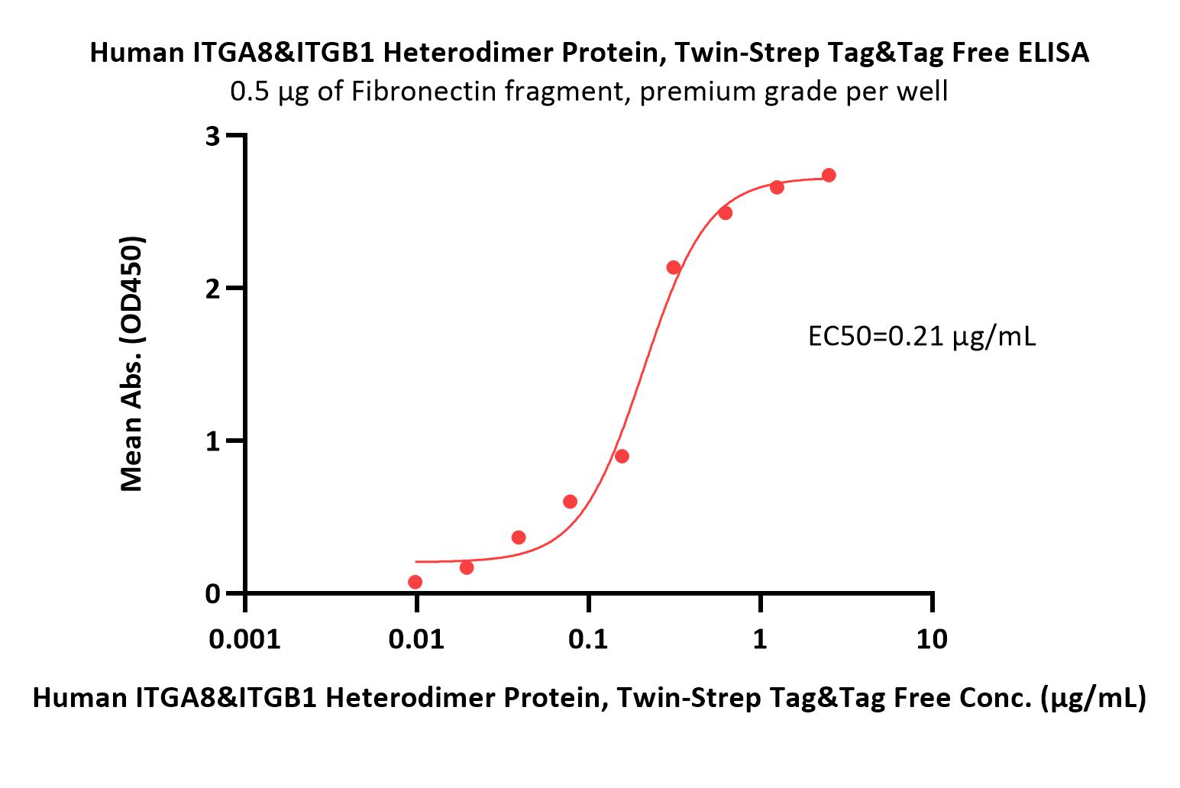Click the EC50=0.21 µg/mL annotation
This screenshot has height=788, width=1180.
(922, 337)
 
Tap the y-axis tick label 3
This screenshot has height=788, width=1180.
(212, 137)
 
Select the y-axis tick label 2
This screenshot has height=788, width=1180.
(212, 289)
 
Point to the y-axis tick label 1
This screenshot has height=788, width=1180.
(213, 441)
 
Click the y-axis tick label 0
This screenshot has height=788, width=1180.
(212, 594)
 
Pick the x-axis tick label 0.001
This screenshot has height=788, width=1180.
(244, 639)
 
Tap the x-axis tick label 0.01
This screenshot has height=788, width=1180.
(416, 639)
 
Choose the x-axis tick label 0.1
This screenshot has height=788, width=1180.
(588, 639)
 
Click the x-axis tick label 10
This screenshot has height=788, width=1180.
(932, 639)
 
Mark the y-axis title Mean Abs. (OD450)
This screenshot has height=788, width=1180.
(131, 364)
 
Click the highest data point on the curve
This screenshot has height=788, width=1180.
(829, 175)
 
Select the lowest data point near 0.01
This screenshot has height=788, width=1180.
(415, 582)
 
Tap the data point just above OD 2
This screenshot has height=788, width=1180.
(673, 267)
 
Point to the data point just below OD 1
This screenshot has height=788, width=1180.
(622, 456)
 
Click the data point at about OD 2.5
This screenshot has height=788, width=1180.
(726, 213)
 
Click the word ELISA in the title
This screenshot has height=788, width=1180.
(1053, 53)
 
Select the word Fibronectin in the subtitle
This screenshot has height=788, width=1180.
(424, 92)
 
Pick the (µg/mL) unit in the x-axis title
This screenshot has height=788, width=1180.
(1093, 699)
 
